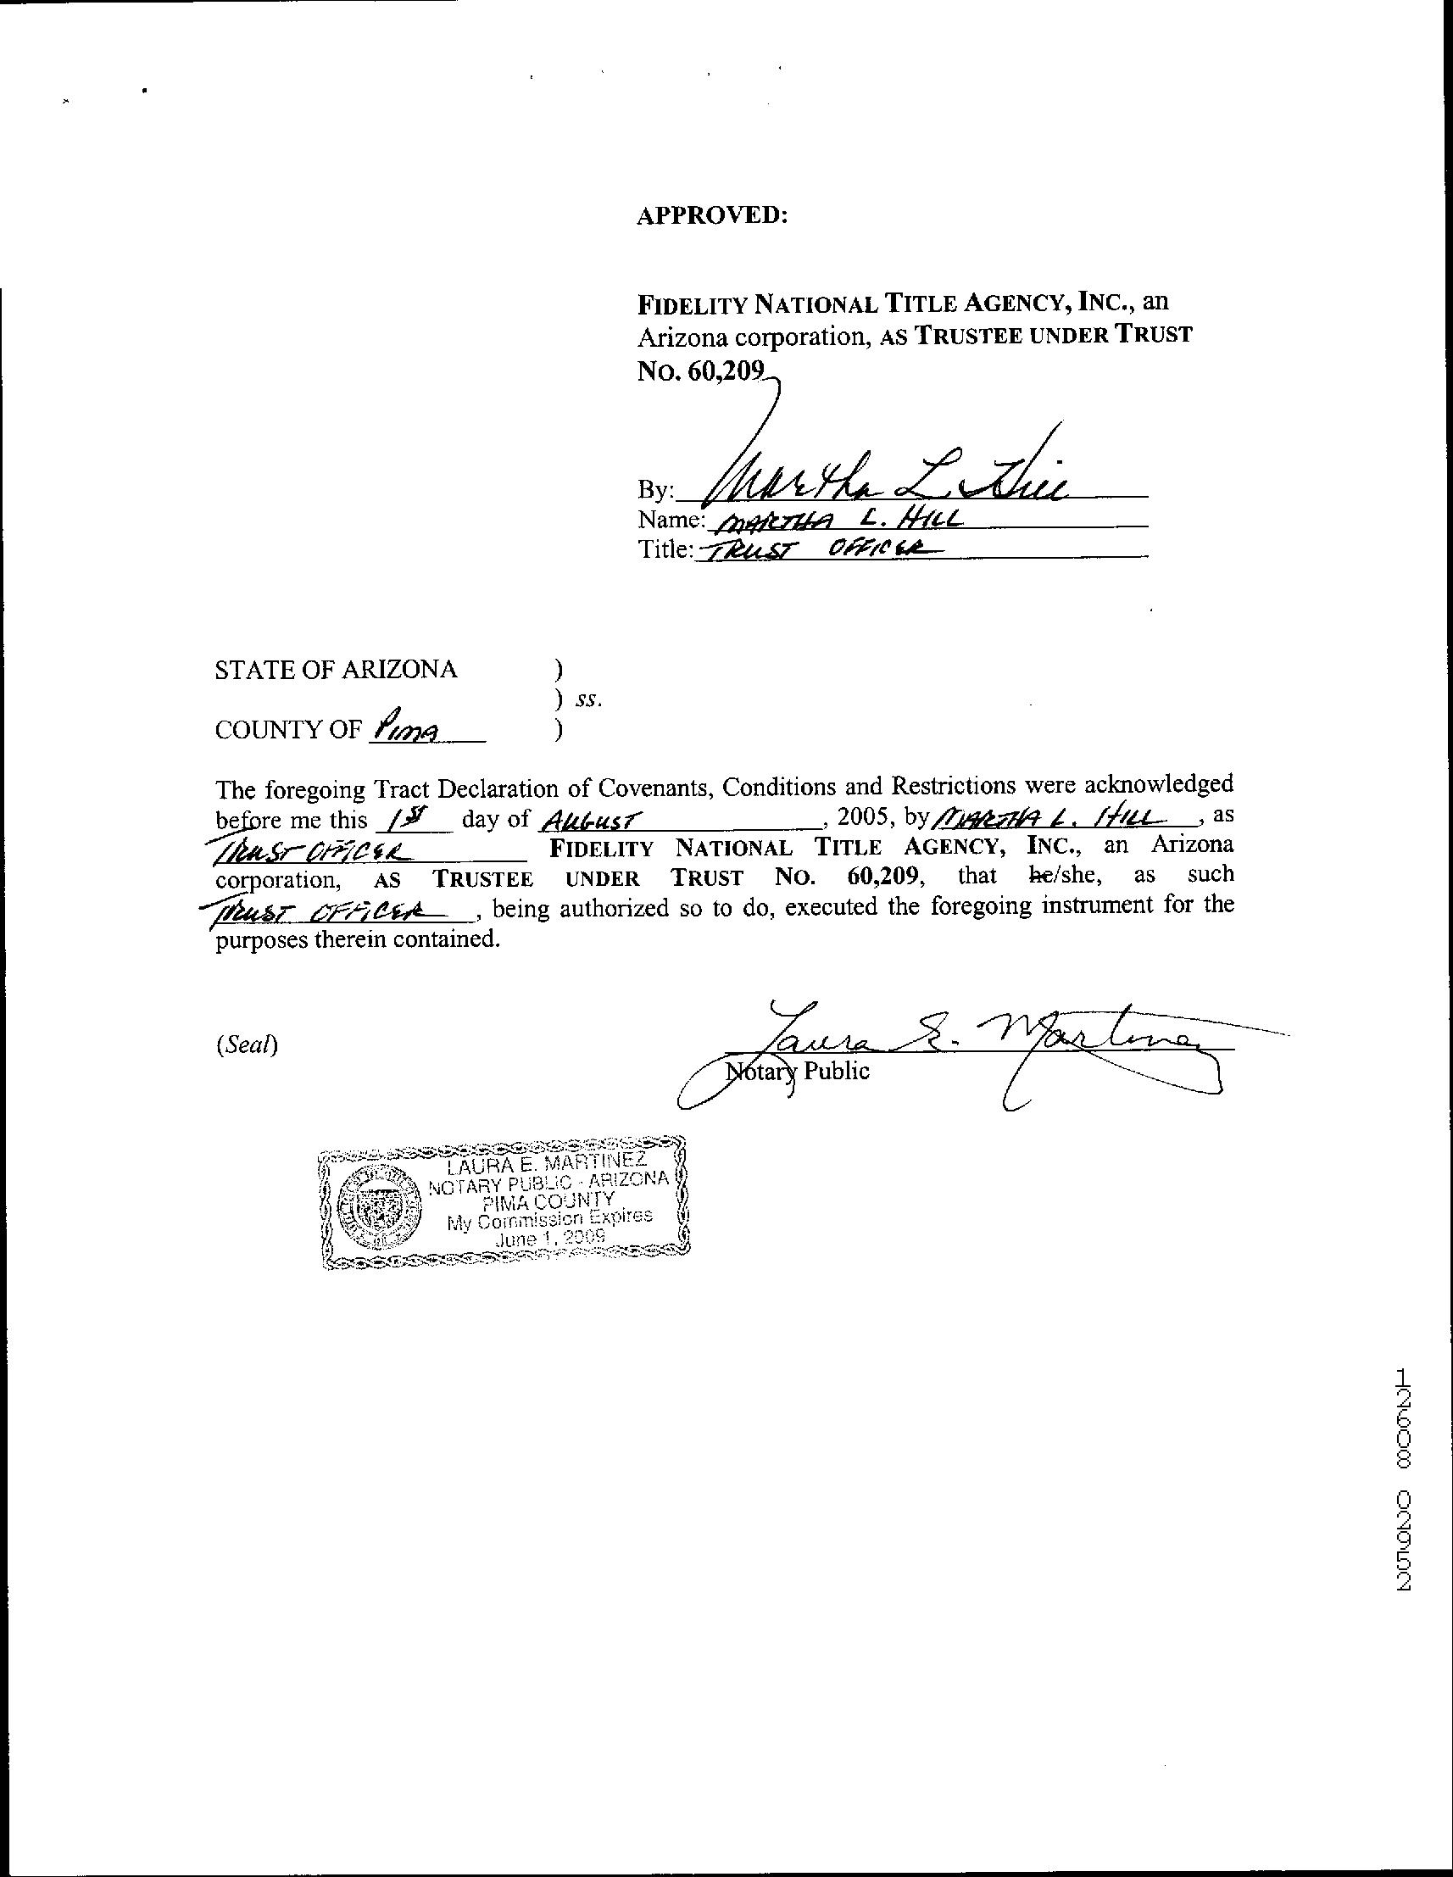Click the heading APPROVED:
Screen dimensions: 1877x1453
click(x=711, y=215)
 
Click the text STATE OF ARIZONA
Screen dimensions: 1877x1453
click(x=336, y=670)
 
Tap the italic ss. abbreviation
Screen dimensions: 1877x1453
click(x=589, y=699)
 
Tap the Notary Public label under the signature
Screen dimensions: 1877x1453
click(x=798, y=1072)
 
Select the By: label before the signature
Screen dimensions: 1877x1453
click(x=654, y=490)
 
